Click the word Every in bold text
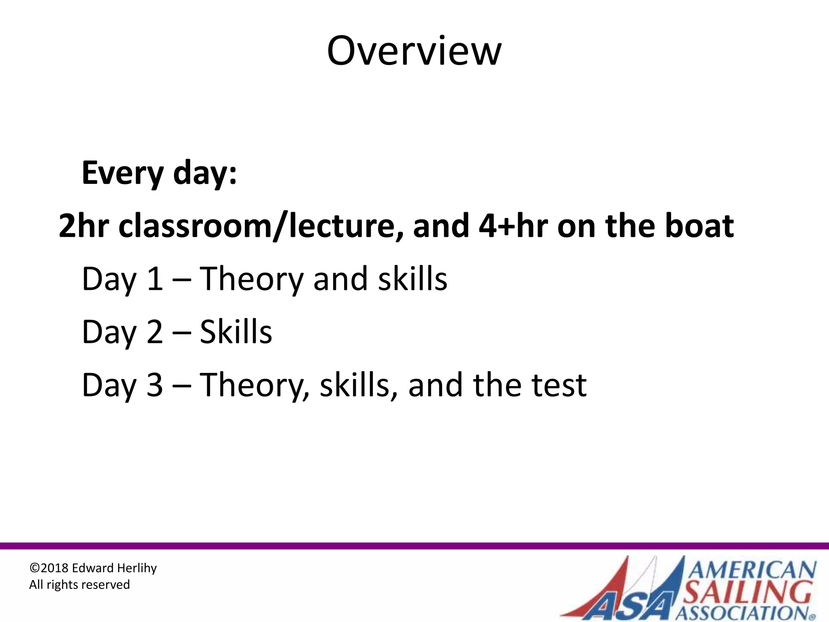pos(122,173)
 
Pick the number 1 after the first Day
pos(155,279)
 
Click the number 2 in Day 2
pos(155,332)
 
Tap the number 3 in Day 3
pos(155,385)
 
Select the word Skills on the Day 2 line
pos(236,332)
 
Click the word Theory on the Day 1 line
pos(251,280)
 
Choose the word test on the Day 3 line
pos(559,385)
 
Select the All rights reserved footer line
pos(79,585)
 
